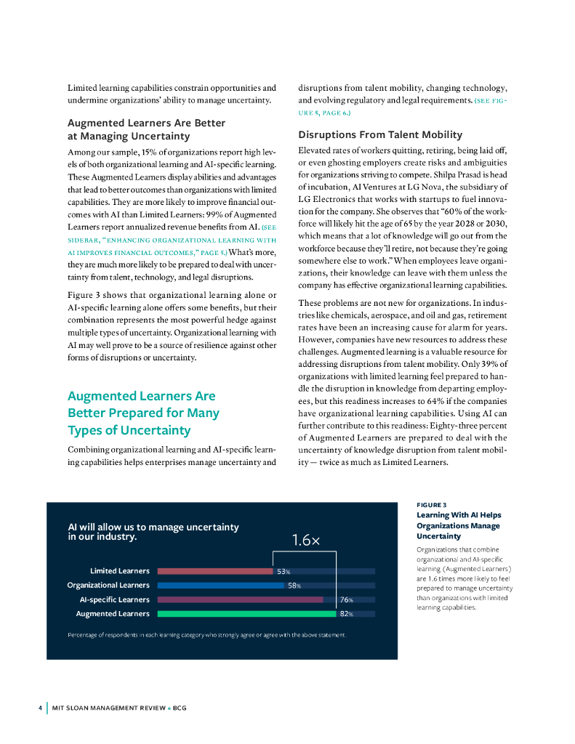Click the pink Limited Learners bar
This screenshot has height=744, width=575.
click(x=214, y=571)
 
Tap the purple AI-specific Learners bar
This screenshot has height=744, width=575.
click(x=240, y=599)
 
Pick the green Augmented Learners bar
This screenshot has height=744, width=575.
click(x=247, y=614)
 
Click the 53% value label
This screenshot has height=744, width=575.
click(x=283, y=571)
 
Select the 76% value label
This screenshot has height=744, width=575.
click(x=347, y=600)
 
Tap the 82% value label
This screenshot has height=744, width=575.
click(x=347, y=614)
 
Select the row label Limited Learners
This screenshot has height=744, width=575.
click(x=119, y=571)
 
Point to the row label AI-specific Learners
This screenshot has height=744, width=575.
click(x=114, y=599)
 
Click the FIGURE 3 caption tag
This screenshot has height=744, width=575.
click(x=432, y=504)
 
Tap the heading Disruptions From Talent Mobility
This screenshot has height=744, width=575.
click(x=380, y=134)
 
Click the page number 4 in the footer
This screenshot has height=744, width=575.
click(x=39, y=708)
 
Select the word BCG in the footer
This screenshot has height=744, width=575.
click(x=180, y=708)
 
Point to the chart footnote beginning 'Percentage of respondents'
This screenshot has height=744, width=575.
click(x=207, y=635)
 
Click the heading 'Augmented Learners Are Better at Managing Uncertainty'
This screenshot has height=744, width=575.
click(x=146, y=129)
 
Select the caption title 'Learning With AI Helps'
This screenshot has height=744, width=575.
click(x=458, y=515)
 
